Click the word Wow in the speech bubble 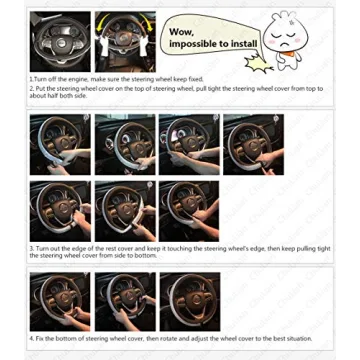click(x=181, y=31)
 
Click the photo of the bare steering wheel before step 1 click(x=59, y=41)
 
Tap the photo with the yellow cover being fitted click(x=125, y=41)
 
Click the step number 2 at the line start click(x=31, y=88)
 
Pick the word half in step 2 click(x=49, y=96)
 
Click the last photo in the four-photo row click(x=252, y=144)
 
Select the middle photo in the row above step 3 click(x=124, y=210)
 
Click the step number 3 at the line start click(x=31, y=247)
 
